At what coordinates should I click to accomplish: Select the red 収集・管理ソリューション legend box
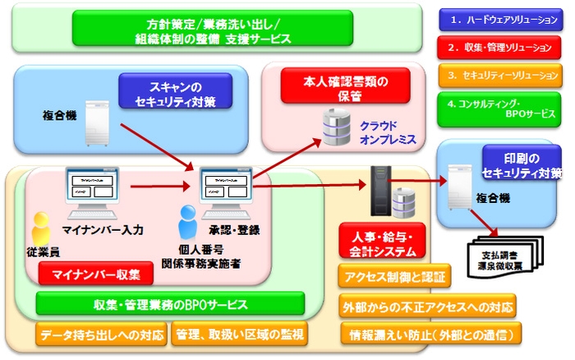click(x=499, y=47)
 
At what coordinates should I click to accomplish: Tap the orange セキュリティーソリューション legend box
click(x=499, y=76)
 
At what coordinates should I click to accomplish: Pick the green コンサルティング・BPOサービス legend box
click(x=499, y=110)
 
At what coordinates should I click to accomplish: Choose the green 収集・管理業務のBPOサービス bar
click(x=170, y=304)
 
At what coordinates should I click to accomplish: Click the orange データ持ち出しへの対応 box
click(x=101, y=335)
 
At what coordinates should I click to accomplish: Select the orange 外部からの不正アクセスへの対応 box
click(x=427, y=306)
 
